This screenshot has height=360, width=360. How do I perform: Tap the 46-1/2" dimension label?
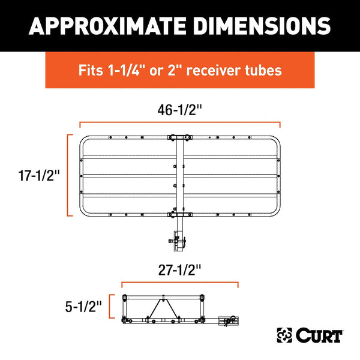[x=179, y=109]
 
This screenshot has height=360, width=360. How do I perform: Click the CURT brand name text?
[x=319, y=335]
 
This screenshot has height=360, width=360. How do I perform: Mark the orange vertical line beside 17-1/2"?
[x=67, y=175]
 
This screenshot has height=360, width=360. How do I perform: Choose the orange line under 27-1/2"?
[x=179, y=283]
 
